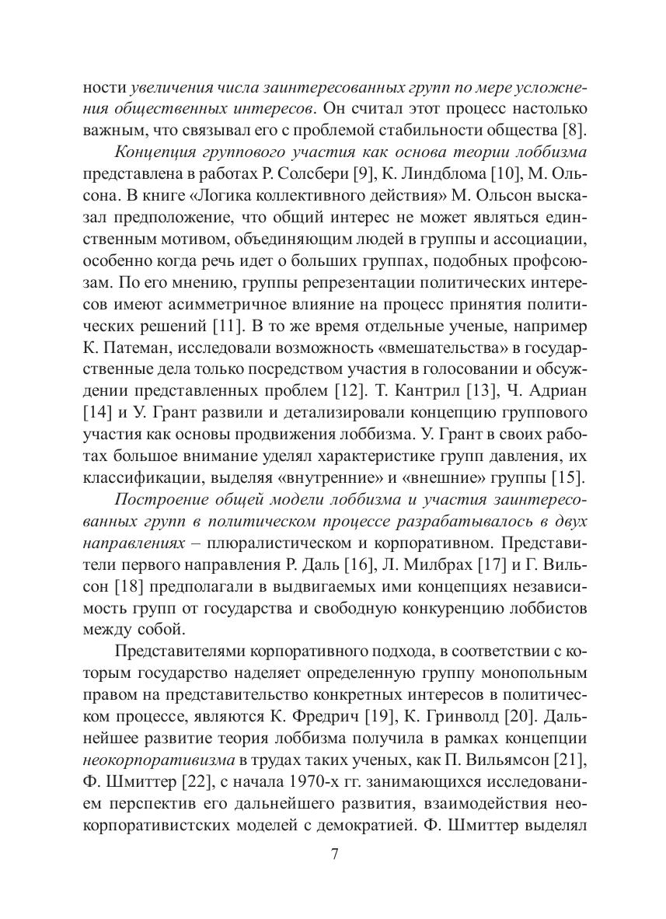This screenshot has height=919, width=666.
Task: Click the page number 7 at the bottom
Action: (333, 855)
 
